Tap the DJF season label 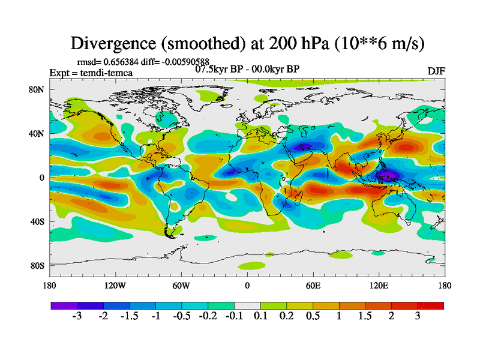click(x=436, y=71)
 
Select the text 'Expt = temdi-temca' click(x=91, y=73)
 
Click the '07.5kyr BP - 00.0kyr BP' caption click(x=247, y=69)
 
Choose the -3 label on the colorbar click(x=77, y=316)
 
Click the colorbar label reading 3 click(x=418, y=316)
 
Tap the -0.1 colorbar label click(x=235, y=316)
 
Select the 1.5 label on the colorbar click(x=365, y=316)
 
